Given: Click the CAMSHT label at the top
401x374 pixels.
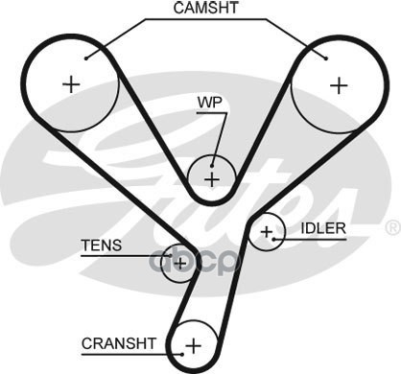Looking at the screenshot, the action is point(205,8).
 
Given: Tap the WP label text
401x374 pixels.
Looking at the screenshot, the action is point(209,103).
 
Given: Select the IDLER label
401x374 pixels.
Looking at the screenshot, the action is point(323,228).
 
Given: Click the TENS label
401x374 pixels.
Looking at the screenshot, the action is point(102,245).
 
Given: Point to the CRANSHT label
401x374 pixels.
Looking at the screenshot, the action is point(119,343).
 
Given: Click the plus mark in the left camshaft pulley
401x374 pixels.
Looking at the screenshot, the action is point(71,84).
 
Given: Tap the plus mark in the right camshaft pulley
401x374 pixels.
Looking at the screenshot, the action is point(339,85).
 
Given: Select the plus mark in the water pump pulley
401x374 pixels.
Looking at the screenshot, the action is point(212,179).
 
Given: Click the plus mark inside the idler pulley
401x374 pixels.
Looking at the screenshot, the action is point(267,232).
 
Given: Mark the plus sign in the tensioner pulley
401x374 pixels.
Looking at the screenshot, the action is point(180,264).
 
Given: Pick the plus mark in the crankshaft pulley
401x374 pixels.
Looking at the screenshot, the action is point(194,345).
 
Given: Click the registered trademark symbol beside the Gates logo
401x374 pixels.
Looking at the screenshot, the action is point(392,227).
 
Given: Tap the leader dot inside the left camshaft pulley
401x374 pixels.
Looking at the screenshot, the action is point(86,58).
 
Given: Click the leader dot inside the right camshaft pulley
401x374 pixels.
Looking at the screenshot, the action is point(326,58).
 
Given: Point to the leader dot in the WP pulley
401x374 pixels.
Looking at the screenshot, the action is point(212,166).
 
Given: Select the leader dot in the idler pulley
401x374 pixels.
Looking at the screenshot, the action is point(273,239).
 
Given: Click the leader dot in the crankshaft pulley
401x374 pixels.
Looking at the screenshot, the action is point(182,354).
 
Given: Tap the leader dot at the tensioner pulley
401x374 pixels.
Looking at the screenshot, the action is point(171,256).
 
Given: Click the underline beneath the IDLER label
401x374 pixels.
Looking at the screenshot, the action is point(310,239).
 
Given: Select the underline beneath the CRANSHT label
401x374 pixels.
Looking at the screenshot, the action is point(131,354).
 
